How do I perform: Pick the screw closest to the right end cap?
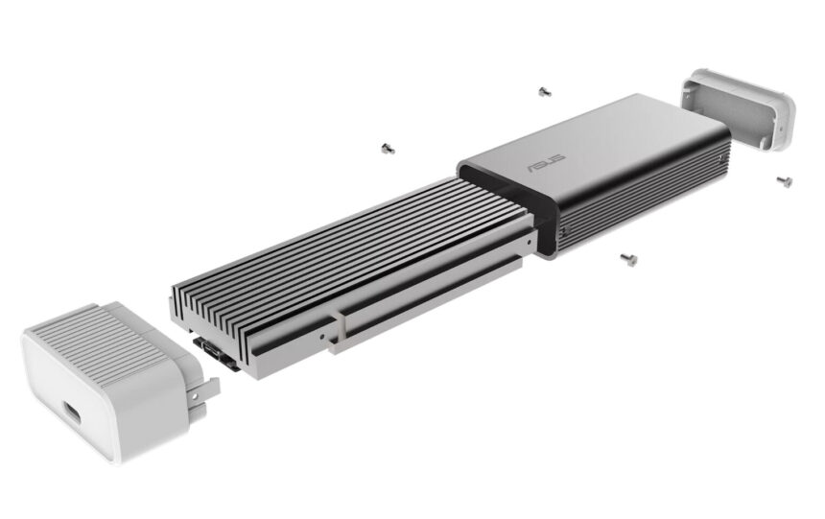coord(784,180)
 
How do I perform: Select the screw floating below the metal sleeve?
coord(628,259)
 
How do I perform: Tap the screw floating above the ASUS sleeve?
coord(544,92)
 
